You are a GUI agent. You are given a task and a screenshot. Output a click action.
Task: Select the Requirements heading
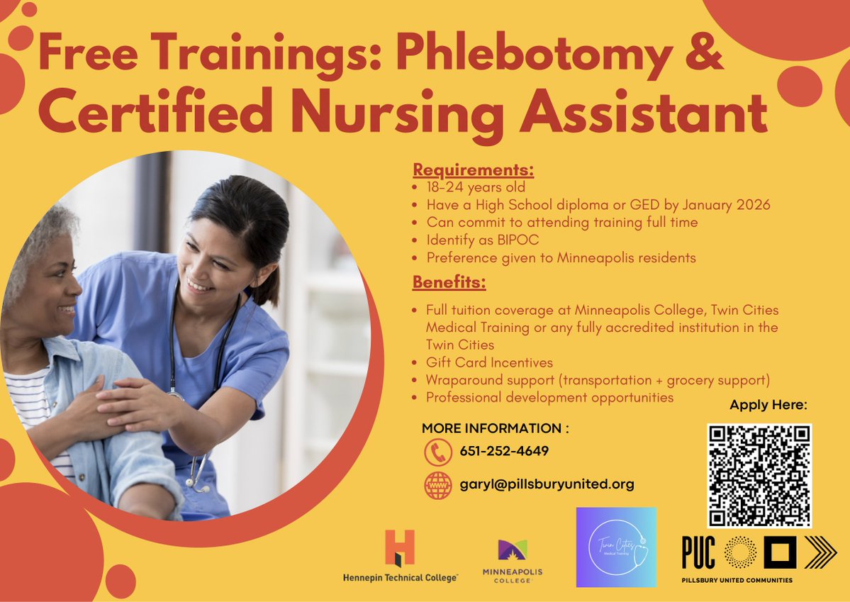point(473,170)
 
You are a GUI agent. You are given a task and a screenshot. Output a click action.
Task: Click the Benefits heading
point(449,282)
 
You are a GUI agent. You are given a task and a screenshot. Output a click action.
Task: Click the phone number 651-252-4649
point(504,452)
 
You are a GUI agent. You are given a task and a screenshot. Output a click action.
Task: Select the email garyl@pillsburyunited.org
point(547,485)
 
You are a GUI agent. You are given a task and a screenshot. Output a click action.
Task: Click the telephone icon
point(438,452)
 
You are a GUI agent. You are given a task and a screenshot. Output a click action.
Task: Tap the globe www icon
point(438,486)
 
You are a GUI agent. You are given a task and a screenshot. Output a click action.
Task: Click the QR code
point(759,475)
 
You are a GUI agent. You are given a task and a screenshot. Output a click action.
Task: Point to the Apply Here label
point(768,406)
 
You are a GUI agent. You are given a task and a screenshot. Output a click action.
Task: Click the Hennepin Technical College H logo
point(400,547)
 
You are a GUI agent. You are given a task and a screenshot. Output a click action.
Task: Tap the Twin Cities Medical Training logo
point(616,547)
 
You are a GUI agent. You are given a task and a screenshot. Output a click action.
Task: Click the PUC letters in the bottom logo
point(698,552)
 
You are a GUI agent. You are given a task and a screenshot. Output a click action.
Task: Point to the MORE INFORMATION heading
point(495,428)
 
